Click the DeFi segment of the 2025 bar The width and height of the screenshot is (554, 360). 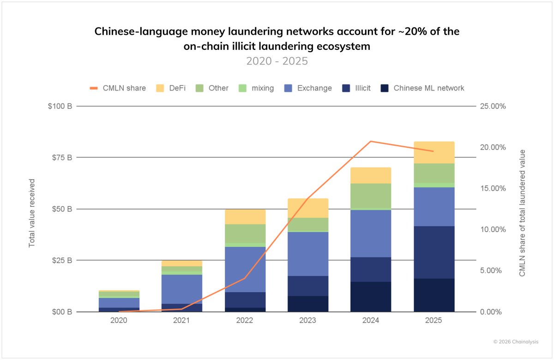[x=434, y=152]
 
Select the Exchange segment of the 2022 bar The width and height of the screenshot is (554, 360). [x=245, y=269]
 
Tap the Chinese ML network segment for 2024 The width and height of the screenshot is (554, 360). [x=371, y=296]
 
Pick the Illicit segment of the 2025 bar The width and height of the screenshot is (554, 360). [x=434, y=252]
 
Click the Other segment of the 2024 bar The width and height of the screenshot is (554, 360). [x=371, y=196]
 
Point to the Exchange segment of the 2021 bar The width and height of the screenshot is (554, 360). [x=181, y=289]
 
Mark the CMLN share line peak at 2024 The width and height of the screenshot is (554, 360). [x=371, y=141]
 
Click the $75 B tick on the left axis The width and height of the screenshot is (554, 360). [x=61, y=157]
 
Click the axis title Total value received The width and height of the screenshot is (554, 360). [x=32, y=213]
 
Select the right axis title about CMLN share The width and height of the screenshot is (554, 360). [x=522, y=213]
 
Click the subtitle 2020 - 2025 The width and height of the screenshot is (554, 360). [x=277, y=61]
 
